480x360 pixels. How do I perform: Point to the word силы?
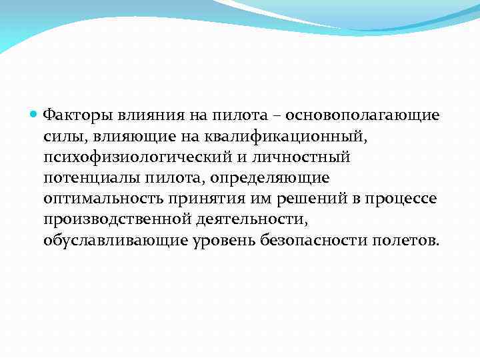(59, 136)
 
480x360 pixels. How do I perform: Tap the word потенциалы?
(87, 178)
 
